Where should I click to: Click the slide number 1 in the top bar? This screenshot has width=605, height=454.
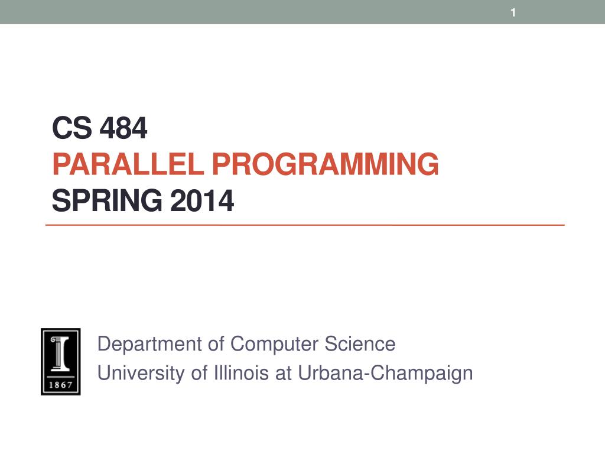click(x=513, y=12)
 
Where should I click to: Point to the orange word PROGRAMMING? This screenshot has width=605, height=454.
click(x=325, y=164)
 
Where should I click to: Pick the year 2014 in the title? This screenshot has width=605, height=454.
click(x=202, y=201)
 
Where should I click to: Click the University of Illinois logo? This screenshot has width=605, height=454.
click(x=60, y=361)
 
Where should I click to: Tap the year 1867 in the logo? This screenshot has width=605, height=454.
click(x=60, y=385)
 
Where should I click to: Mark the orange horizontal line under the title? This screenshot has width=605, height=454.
click(x=305, y=225)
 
